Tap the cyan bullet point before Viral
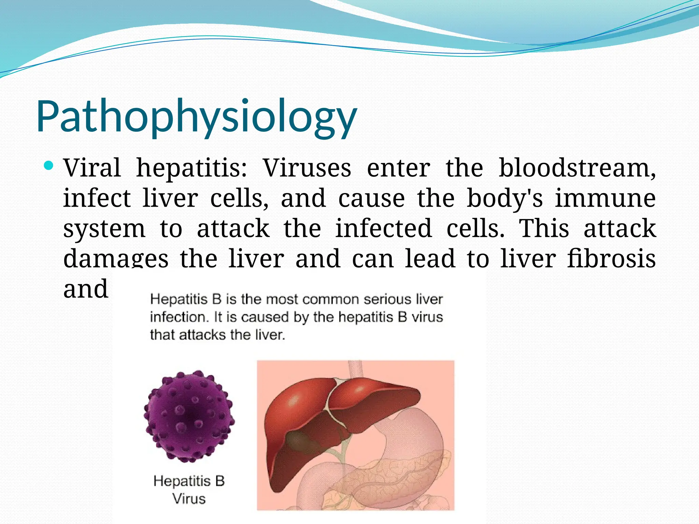(49, 166)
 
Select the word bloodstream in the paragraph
(577, 168)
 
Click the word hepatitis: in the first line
(191, 168)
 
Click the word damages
(116, 258)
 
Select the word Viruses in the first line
(307, 168)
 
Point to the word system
(104, 229)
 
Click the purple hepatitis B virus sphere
(189, 416)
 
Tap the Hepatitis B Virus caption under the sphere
(189, 490)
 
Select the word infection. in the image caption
(180, 317)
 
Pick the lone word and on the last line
(86, 289)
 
